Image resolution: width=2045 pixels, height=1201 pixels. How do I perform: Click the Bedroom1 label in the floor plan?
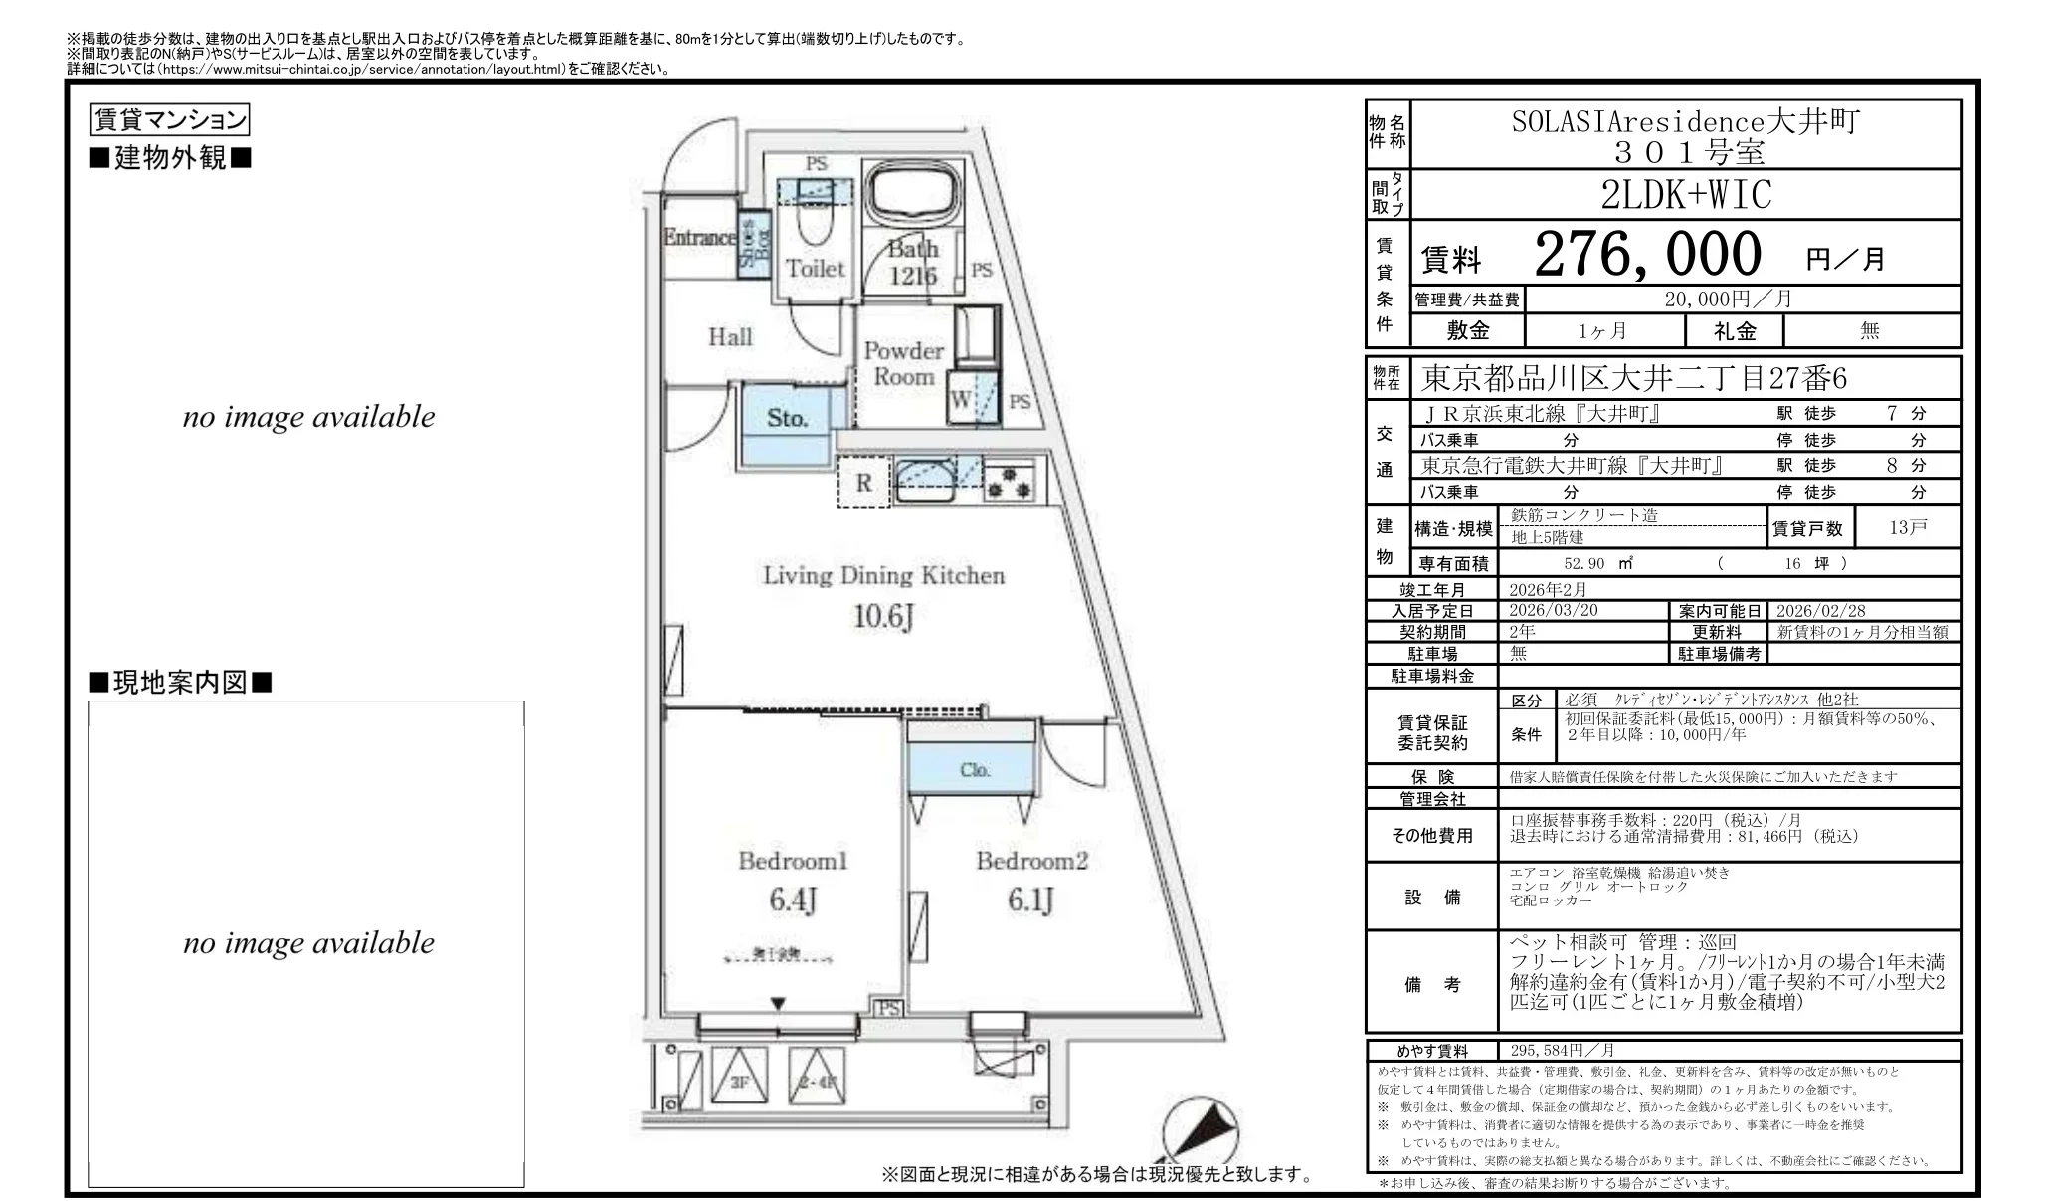793,861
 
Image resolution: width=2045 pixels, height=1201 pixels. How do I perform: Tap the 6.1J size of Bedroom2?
1030,901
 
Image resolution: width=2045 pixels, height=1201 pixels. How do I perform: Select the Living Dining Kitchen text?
883,575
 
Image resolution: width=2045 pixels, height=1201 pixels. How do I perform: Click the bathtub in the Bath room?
913,194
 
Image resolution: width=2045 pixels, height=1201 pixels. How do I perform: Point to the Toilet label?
815,268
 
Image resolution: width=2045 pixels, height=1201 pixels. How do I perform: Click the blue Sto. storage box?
787,419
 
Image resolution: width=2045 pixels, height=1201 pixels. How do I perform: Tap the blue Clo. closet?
975,769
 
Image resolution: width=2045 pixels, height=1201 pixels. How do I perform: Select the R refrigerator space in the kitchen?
863,483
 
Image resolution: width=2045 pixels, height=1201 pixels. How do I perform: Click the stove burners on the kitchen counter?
1010,483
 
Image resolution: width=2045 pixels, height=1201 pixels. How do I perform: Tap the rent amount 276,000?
1647,255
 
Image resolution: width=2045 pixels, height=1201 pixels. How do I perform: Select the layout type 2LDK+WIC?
1686,195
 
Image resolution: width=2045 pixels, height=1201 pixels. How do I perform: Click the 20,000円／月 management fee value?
1729,300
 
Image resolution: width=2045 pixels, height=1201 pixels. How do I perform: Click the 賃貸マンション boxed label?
169,120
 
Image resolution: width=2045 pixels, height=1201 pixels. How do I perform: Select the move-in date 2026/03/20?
1553,611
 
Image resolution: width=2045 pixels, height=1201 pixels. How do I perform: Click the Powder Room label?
903,363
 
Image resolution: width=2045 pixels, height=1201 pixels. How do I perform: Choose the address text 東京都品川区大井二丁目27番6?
1633,379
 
